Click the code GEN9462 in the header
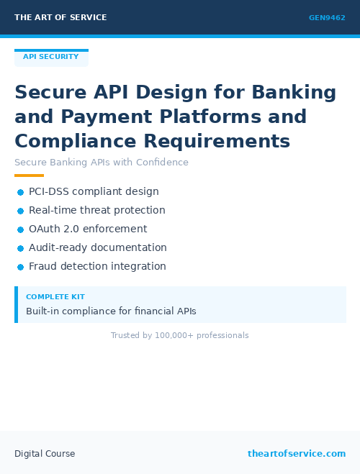[327, 18]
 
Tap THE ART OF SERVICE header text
[60, 18]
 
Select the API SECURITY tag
[51, 57]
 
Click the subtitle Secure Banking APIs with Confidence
[102, 163]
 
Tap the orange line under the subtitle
[29, 176]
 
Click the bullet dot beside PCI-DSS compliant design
[21, 192]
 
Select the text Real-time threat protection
[97, 211]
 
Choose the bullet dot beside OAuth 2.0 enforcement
[21, 229]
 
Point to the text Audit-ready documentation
[98, 248]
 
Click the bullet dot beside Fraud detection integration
[21, 267]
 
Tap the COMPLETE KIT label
[55, 297]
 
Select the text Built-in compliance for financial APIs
[111, 311]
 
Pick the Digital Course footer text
[45, 454]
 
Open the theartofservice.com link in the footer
[297, 454]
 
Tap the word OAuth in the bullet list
[43, 229]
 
